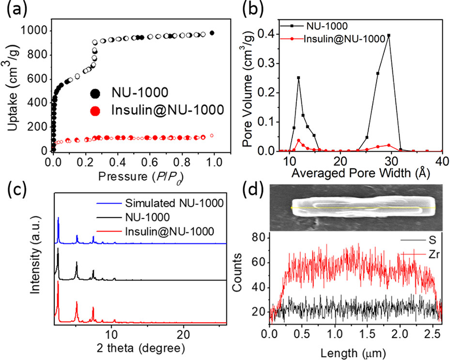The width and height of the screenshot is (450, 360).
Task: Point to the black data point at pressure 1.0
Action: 212,33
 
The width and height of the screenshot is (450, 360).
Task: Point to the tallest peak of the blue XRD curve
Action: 58,218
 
